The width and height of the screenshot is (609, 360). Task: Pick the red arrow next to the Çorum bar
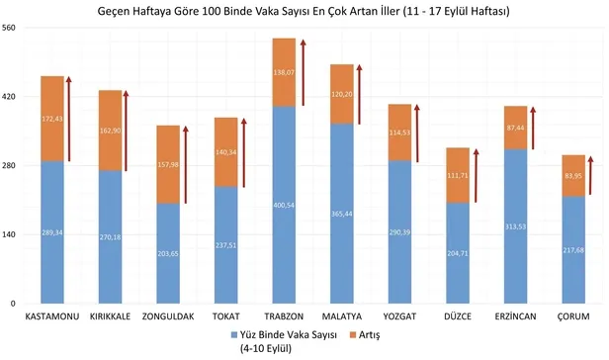590,182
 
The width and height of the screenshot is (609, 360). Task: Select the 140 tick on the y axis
10,234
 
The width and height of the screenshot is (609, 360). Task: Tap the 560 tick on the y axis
10,28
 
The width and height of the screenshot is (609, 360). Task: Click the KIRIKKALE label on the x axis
110,317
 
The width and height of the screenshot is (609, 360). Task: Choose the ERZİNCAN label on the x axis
514,317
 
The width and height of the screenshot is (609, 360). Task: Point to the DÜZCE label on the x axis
457,317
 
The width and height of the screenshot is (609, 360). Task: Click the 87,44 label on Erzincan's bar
515,128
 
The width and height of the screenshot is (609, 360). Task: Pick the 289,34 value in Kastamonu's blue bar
52,232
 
